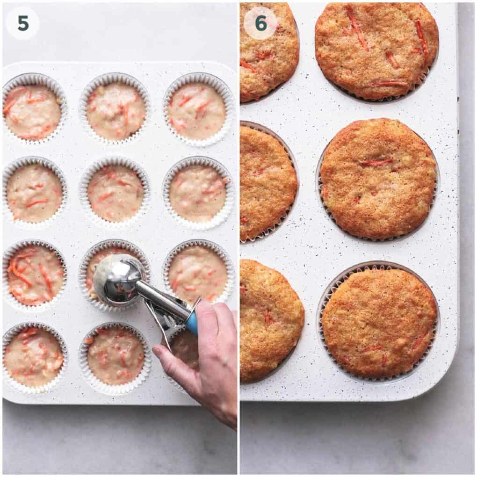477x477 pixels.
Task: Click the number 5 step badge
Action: [23, 23]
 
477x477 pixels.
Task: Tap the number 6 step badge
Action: [260, 23]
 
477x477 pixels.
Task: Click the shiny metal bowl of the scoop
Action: [117, 279]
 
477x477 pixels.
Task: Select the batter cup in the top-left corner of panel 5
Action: [34, 109]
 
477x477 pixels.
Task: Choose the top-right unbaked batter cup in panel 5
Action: [198, 109]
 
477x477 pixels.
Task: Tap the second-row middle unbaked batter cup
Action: [115, 192]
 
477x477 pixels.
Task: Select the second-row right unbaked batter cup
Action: [198, 193]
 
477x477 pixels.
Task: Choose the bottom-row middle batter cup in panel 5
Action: [115, 357]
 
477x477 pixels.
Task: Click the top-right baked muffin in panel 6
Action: [376, 50]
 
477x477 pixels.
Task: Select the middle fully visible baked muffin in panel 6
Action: [378, 179]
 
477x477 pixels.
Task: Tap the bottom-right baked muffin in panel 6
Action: [379, 323]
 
